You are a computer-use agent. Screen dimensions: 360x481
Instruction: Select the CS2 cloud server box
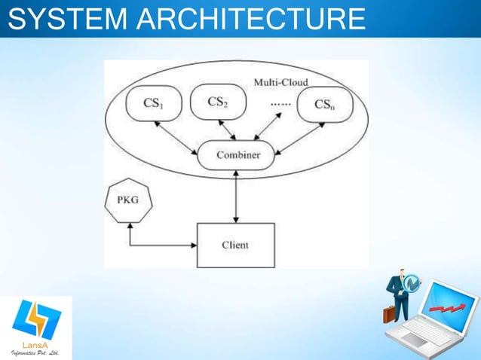218,102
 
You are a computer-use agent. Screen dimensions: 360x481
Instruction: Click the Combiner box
238,155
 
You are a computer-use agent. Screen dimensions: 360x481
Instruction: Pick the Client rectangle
235,245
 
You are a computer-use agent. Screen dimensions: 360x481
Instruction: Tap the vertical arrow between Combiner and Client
237,197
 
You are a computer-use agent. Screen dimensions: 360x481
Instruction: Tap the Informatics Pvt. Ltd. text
37,352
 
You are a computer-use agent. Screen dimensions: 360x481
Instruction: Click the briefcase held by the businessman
389,313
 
